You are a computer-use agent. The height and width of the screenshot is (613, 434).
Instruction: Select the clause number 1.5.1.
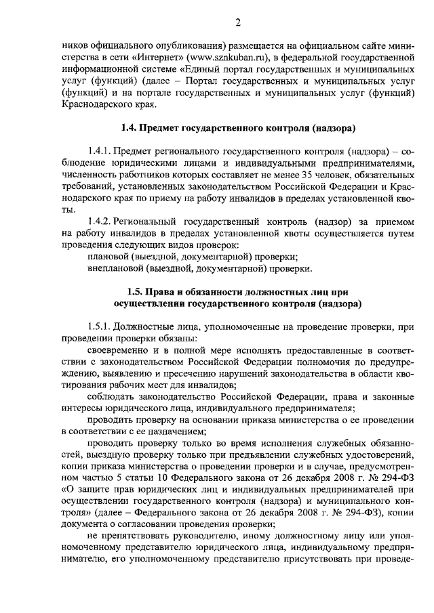click(x=100, y=326)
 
